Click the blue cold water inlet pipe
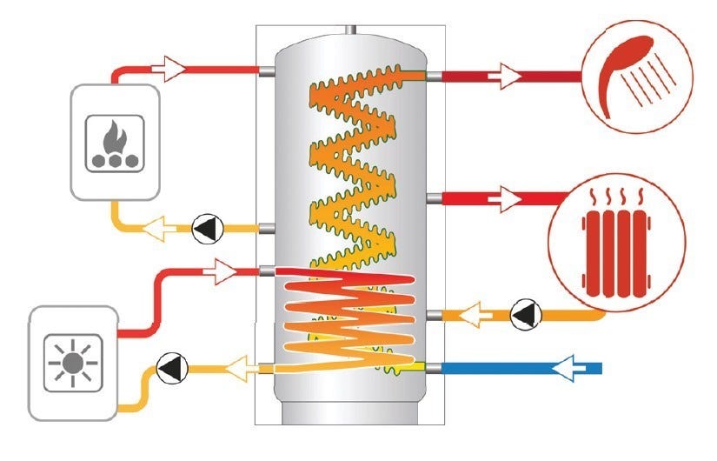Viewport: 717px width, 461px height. tap(521, 369)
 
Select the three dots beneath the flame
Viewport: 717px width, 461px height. tap(113, 160)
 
